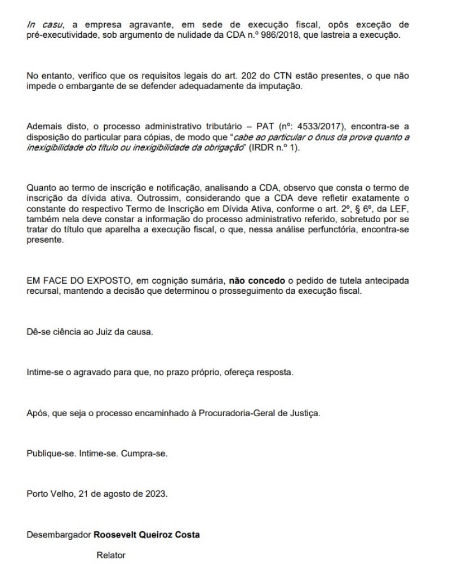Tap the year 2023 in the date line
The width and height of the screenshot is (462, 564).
[x=155, y=495]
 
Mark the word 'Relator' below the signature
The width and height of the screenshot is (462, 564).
[x=111, y=555]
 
